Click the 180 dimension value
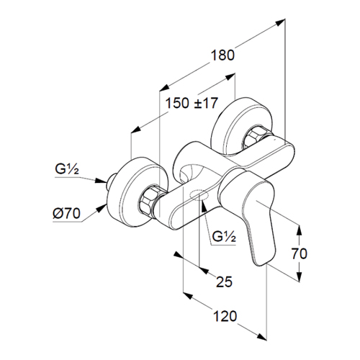point(222,55)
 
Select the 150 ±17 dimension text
point(192,103)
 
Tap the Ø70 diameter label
point(66,213)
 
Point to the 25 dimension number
point(225,282)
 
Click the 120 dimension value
point(225,316)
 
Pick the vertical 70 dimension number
point(300,253)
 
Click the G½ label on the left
point(67,169)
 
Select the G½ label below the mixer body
point(224,237)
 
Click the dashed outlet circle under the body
point(199,195)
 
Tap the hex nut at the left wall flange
point(148,199)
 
